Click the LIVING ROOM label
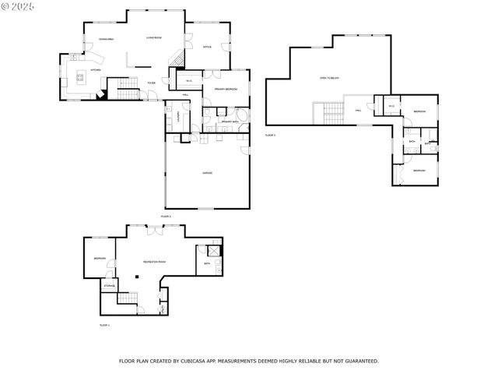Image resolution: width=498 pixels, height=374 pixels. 153,37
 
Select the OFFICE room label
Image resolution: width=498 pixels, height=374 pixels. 207,48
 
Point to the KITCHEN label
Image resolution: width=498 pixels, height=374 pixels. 95,70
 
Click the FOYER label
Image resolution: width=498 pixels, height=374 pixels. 151,82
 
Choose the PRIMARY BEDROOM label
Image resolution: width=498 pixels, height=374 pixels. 226,90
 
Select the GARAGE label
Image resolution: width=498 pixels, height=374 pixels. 208,173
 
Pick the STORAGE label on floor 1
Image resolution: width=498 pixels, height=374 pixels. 109,285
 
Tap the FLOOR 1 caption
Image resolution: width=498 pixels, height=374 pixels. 105,324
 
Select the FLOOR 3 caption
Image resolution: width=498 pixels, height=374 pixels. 271,135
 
